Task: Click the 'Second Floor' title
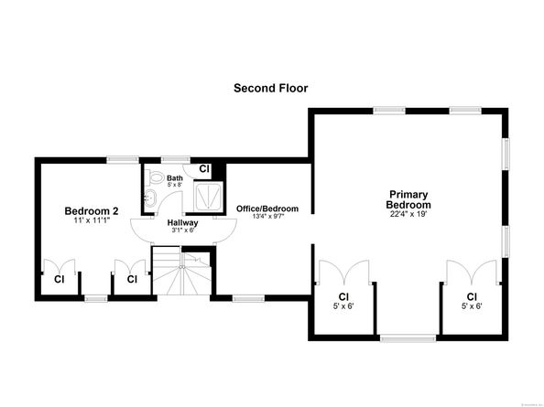click(271, 89)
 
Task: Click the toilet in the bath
click(155, 179)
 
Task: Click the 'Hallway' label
click(183, 222)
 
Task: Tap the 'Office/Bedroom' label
click(267, 209)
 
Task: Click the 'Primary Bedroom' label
click(408, 199)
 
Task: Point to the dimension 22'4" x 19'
click(408, 216)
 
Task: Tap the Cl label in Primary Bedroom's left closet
click(344, 296)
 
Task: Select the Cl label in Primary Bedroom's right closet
click(472, 296)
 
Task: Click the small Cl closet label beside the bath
click(204, 169)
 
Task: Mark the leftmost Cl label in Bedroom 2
click(59, 279)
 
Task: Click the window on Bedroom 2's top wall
click(123, 160)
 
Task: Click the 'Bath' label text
click(174, 177)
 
